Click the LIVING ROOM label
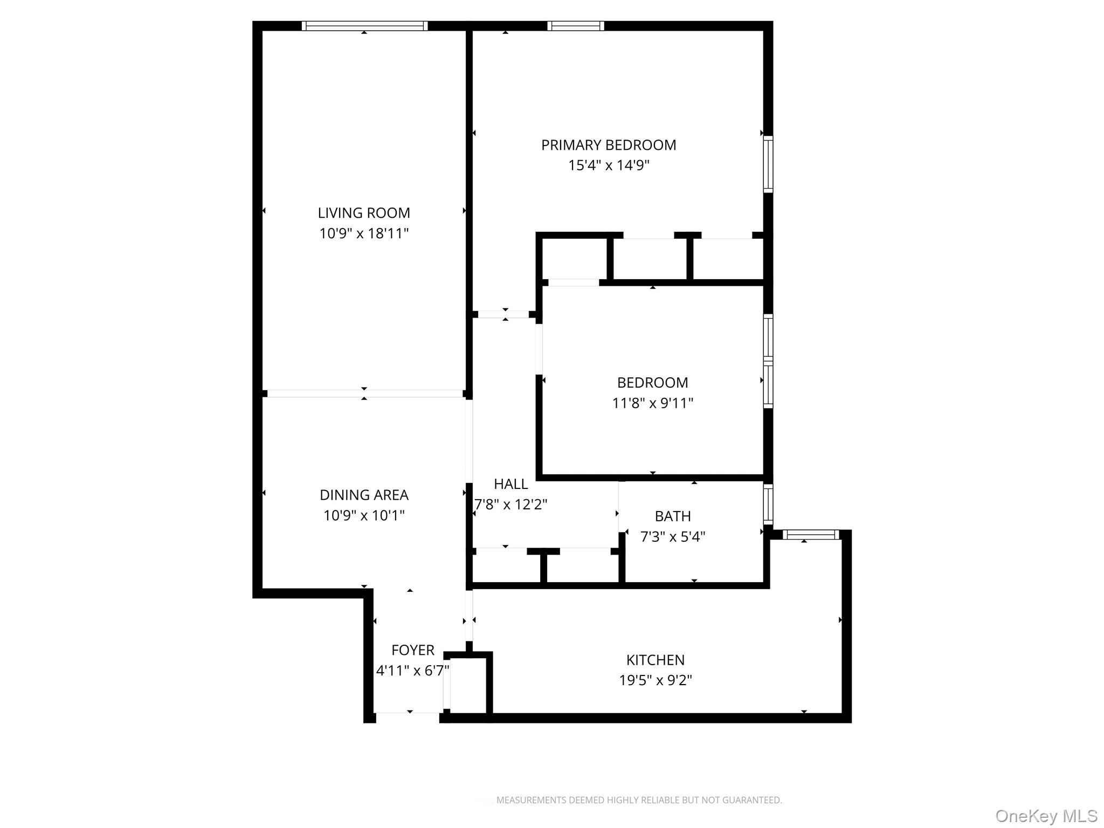tap(364, 213)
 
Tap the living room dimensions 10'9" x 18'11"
tap(364, 233)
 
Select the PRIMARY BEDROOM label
tap(609, 145)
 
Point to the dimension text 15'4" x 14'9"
tap(609, 165)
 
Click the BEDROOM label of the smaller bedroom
tap(652, 383)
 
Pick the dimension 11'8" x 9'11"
tap(652, 403)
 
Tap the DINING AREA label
tap(364, 495)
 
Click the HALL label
tap(510, 484)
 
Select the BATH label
tap(673, 516)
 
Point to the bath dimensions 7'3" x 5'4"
tap(673, 536)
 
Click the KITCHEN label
tap(655, 660)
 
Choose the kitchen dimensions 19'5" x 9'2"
tap(655, 680)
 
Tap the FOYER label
tap(413, 650)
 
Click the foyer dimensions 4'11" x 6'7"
tap(413, 671)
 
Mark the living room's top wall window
tap(364, 26)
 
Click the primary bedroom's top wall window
tap(576, 26)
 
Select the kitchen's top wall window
tap(811, 535)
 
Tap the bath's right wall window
tap(768, 504)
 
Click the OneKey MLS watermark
tap(1046, 816)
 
